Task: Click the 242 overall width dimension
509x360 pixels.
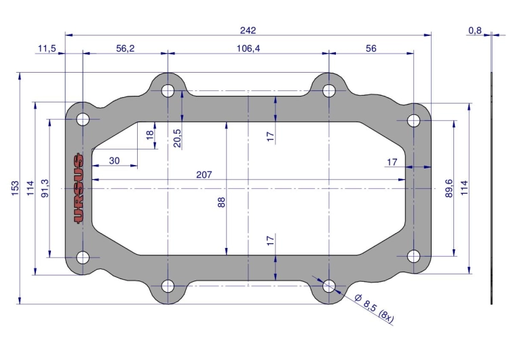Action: pos(248,30)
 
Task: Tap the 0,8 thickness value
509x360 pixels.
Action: pos(475,31)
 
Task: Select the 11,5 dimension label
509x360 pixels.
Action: pos(47,48)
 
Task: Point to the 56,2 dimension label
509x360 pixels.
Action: pos(126,48)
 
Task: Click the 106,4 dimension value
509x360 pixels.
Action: pos(248,48)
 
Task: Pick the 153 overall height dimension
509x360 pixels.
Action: pos(15,188)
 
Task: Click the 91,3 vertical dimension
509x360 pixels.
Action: pos(45,188)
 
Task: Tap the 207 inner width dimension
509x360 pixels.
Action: pos(204,175)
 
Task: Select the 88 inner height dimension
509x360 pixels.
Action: pos(221,202)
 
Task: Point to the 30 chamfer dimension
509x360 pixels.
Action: pos(114,160)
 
